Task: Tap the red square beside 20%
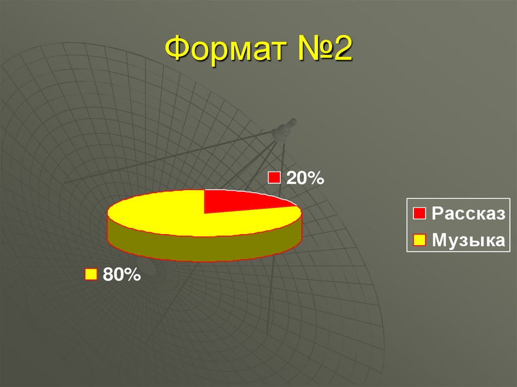point(274,178)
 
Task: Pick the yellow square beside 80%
point(91,274)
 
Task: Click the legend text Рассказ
point(468,213)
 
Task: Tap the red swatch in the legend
point(419,213)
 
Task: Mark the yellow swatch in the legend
point(419,240)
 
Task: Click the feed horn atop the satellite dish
point(284,130)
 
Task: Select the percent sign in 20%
point(315,178)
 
